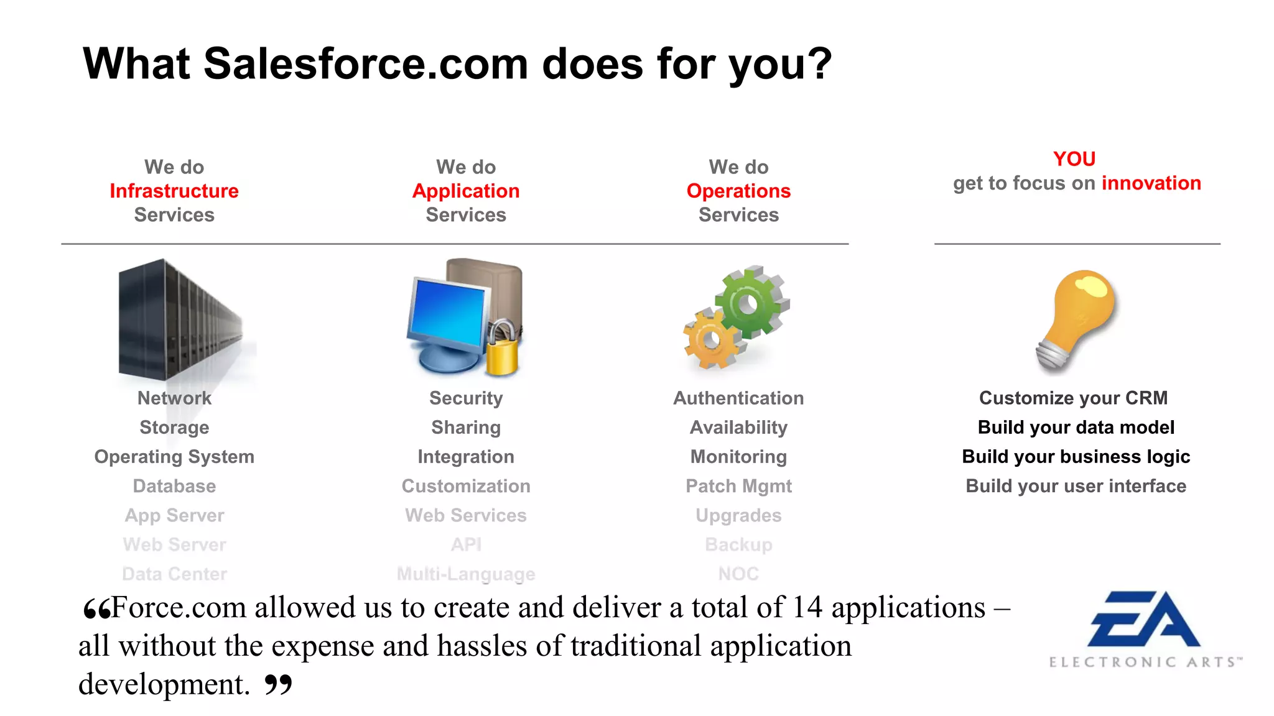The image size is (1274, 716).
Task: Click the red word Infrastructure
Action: tap(174, 191)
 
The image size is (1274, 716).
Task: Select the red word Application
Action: tap(466, 191)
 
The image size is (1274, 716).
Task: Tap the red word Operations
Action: tap(738, 191)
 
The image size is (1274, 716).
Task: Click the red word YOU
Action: tap(1074, 159)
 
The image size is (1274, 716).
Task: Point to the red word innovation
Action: tap(1151, 183)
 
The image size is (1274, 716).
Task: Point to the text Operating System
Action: tap(174, 457)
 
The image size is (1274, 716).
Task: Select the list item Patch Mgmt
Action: tap(738, 486)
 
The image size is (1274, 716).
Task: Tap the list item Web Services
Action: tap(466, 515)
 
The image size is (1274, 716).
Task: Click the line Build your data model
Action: tap(1076, 428)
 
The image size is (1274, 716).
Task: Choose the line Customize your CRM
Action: tap(1073, 398)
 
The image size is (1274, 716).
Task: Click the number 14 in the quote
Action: tap(807, 608)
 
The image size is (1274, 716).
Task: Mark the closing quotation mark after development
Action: tap(278, 684)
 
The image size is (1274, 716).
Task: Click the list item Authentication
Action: tap(738, 398)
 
